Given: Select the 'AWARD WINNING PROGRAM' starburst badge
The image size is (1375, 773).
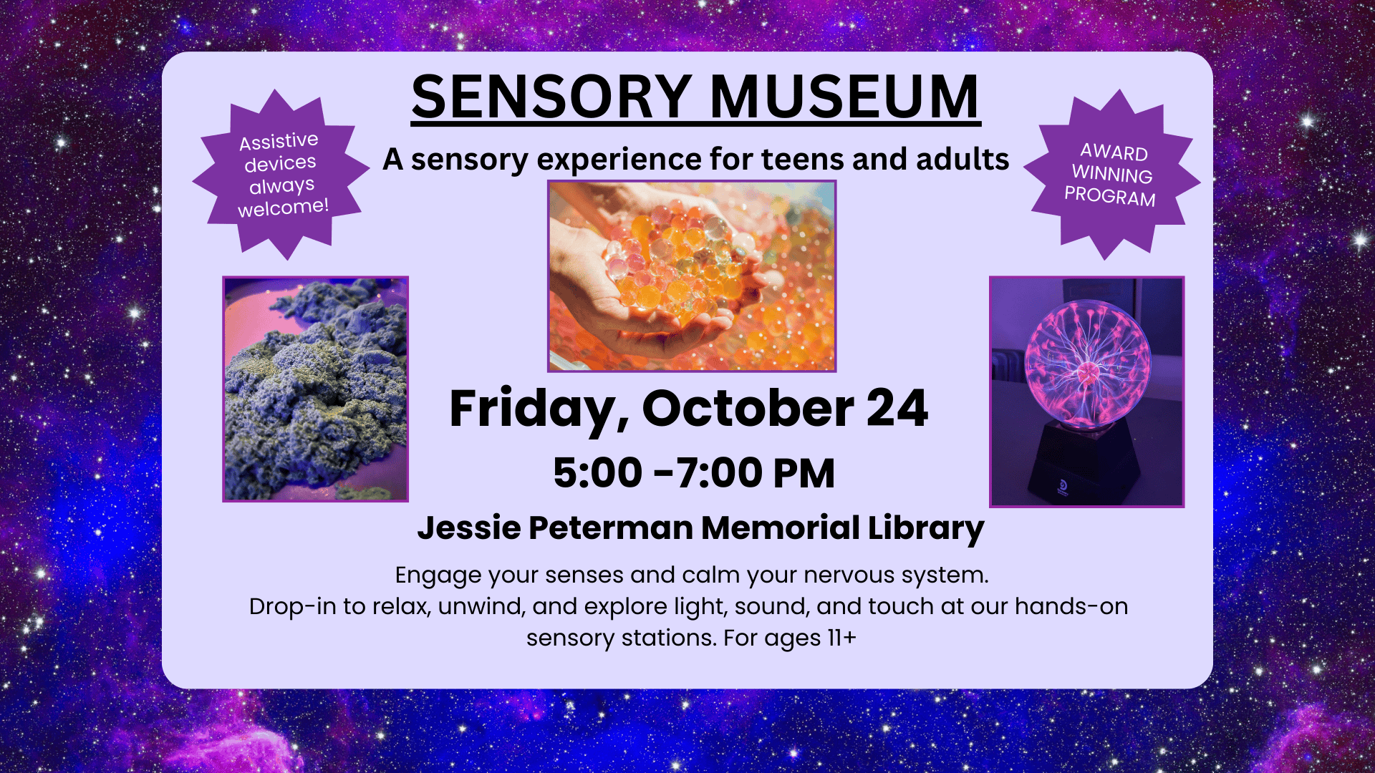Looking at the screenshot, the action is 1111,174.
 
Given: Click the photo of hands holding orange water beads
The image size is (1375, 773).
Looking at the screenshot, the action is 692,276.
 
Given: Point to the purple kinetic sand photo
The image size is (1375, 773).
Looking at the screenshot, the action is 316,389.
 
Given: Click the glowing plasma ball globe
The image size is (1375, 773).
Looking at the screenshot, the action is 1088,363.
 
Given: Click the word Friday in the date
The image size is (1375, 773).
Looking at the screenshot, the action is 539,410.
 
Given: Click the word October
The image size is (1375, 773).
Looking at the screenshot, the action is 748,409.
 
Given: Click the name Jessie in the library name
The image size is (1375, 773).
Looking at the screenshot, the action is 469,528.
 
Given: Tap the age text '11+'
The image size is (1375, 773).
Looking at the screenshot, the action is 841,638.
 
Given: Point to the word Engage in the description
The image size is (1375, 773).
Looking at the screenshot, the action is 438,576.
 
